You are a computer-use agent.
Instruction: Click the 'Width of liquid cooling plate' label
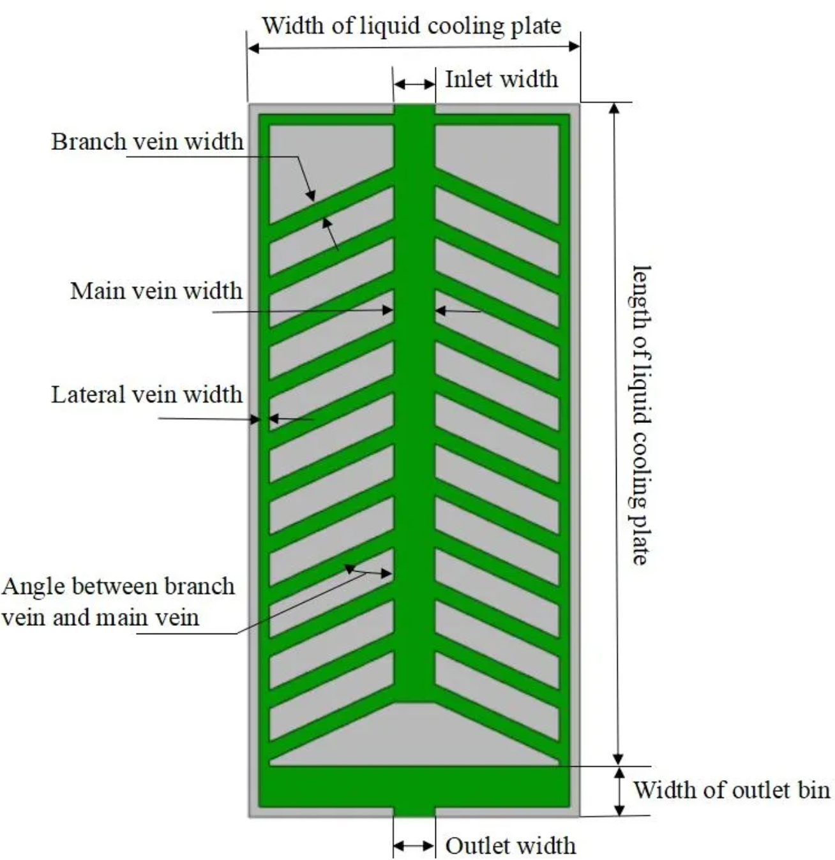[x=412, y=26]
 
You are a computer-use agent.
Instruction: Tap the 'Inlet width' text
[x=501, y=79]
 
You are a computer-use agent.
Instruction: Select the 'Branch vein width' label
[x=147, y=141]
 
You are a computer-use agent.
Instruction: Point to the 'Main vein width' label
[x=156, y=290]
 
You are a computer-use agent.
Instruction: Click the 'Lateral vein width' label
[x=147, y=394]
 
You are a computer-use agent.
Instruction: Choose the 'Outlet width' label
[x=510, y=845]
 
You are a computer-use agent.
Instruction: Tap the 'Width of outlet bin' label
[x=731, y=790]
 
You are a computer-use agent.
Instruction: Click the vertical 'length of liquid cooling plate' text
[x=640, y=415]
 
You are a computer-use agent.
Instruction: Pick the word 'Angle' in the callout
[x=34, y=586]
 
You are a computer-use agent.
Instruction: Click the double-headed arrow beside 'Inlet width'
[x=414, y=84]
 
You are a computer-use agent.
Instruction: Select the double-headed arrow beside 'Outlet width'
[x=414, y=846]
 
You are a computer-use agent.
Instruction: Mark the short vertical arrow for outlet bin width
[x=618, y=791]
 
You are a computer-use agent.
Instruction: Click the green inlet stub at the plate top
[x=414, y=110]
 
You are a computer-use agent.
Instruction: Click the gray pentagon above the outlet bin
[x=414, y=734]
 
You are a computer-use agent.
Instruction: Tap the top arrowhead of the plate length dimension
[x=614, y=108]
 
